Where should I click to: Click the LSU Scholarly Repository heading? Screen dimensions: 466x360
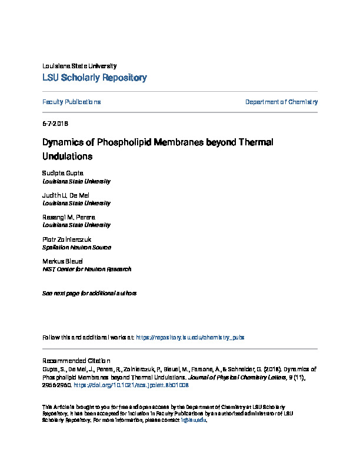pyautogui.click(x=95, y=78)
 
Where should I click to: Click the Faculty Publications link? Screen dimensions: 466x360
pyautogui.click(x=72, y=102)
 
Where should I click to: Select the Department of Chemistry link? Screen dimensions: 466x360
pyautogui.click(x=281, y=102)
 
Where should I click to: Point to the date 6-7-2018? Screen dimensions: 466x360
pyautogui.click(x=56, y=124)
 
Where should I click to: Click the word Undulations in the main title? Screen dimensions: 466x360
pyautogui.click(x=68, y=157)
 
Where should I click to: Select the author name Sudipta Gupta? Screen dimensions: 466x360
pyautogui.click(x=64, y=173)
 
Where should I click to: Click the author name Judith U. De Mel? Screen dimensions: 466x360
pyautogui.click(x=66, y=195)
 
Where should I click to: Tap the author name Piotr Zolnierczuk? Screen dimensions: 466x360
pyautogui.click(x=67, y=239)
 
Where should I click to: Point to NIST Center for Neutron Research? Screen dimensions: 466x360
pyautogui.click(x=87, y=269)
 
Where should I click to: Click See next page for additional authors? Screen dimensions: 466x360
pyautogui.click(x=89, y=293)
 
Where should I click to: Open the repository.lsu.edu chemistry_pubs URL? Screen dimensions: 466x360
pyautogui.click(x=190, y=338)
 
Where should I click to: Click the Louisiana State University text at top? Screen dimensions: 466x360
pyautogui.click(x=80, y=66)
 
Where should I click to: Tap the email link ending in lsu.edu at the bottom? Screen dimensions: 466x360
pyautogui.click(x=198, y=420)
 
